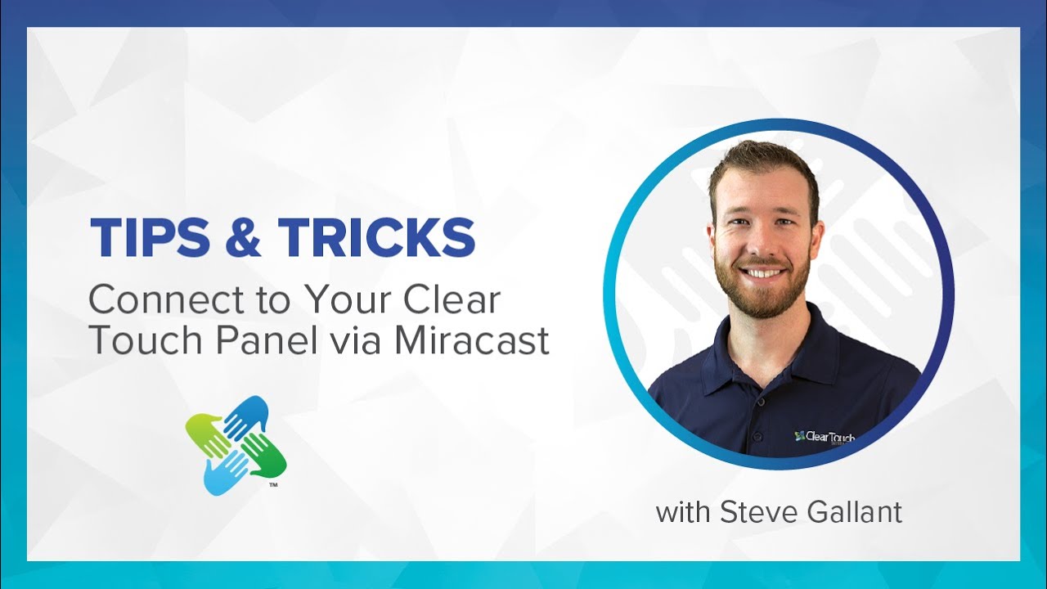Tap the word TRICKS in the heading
376,238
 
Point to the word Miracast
471,340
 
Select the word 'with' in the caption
683,512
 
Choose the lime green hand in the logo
207,434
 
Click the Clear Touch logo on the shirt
825,438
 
